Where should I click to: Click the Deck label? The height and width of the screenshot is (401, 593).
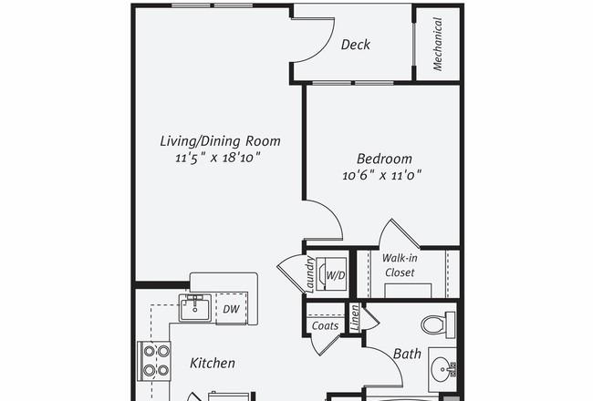356,45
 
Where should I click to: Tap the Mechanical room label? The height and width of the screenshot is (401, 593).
438,45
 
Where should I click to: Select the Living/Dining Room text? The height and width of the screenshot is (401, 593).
220,141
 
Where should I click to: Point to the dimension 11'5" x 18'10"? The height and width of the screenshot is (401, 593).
218,158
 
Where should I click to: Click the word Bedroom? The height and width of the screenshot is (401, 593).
384,159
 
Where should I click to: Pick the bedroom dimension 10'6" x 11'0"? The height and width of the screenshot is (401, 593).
382,175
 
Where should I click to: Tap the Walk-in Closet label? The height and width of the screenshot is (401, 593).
400,265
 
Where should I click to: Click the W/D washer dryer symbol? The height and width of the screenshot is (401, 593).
331,274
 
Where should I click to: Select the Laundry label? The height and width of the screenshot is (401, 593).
310,274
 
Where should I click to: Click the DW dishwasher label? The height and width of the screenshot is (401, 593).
231,309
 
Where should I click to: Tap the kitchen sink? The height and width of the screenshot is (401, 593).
195,308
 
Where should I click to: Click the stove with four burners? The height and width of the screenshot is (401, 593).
154,361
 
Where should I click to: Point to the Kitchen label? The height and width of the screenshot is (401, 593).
213,364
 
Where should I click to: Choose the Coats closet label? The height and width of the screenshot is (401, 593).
325,325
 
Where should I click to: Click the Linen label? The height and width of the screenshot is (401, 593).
354,318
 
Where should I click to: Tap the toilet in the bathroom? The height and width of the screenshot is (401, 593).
438,324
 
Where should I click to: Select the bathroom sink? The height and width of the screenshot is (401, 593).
442,369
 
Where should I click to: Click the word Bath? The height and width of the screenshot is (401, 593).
407,354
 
